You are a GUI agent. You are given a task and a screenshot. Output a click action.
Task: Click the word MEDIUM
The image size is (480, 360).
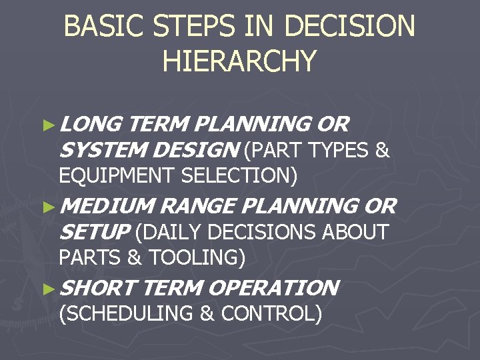point(108,207)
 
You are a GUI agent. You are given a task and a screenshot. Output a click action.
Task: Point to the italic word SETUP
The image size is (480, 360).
point(93,232)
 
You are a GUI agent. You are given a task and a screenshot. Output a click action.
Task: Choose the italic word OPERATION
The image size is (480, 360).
point(273,288)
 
